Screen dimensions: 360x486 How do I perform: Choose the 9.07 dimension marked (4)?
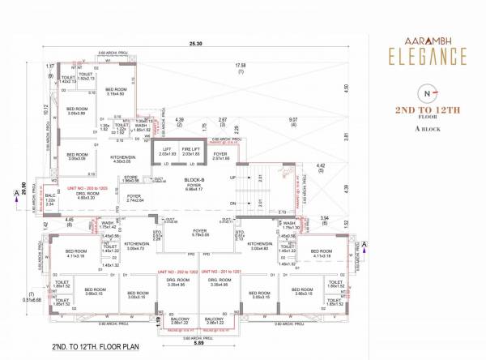coord(292,123)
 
